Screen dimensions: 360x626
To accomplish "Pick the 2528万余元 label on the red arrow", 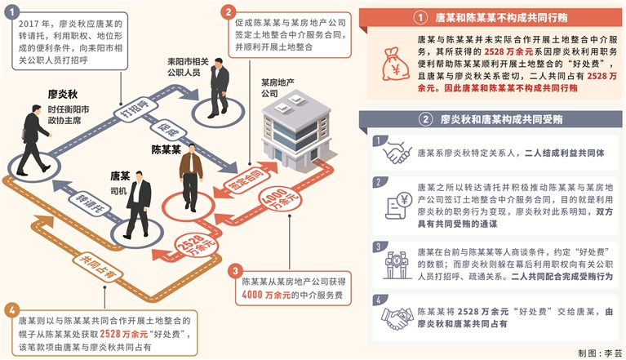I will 190,245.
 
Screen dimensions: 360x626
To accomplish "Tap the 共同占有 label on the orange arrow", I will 91,263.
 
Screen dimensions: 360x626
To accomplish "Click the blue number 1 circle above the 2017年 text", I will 11,11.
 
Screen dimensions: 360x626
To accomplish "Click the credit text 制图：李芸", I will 599,353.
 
